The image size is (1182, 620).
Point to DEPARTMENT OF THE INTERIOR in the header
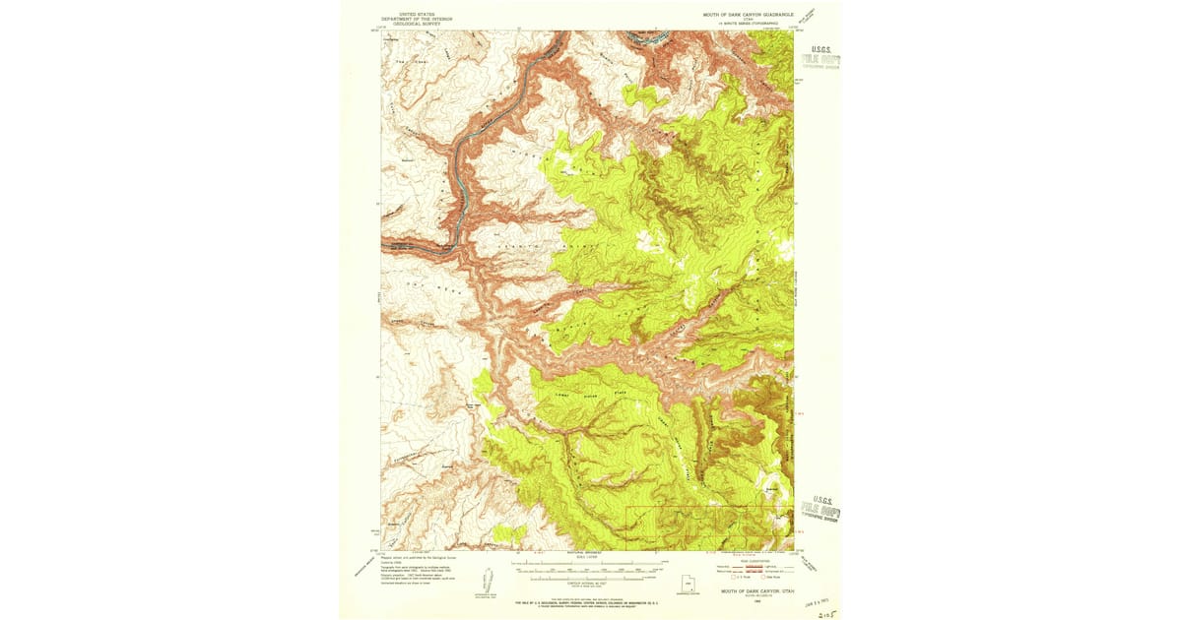pyautogui.click(x=420, y=19)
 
